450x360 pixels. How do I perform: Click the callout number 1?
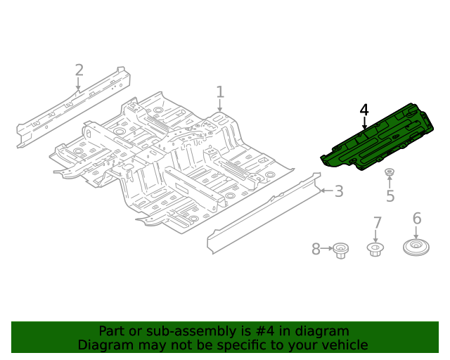click(220, 92)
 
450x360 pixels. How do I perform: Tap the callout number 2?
click(79, 70)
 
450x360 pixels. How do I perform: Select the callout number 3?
click(338, 191)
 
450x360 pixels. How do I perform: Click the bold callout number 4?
click(364, 110)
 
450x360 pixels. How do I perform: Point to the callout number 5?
click(390, 196)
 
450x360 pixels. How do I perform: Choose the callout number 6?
click(416, 219)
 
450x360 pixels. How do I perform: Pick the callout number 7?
click(377, 223)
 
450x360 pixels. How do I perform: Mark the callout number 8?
click(316, 249)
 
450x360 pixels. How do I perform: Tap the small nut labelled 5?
click(389, 172)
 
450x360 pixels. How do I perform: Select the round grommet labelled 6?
click(416, 248)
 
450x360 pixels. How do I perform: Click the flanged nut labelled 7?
click(375, 249)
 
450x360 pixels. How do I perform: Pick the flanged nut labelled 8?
click(342, 250)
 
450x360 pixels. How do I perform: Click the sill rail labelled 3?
click(260, 214)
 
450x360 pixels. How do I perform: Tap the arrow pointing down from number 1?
click(220, 106)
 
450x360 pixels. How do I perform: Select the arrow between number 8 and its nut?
click(327, 249)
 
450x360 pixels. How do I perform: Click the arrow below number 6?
click(416, 233)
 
